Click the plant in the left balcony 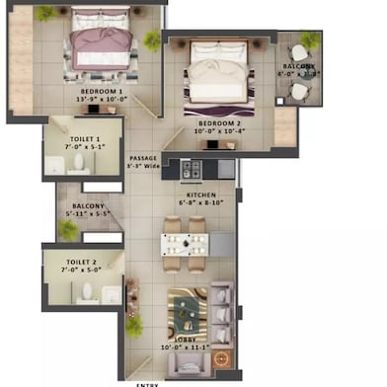click(67, 229)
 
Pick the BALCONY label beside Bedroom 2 click(298, 66)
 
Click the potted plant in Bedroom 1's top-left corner click(45, 13)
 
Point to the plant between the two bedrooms click(152, 39)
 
